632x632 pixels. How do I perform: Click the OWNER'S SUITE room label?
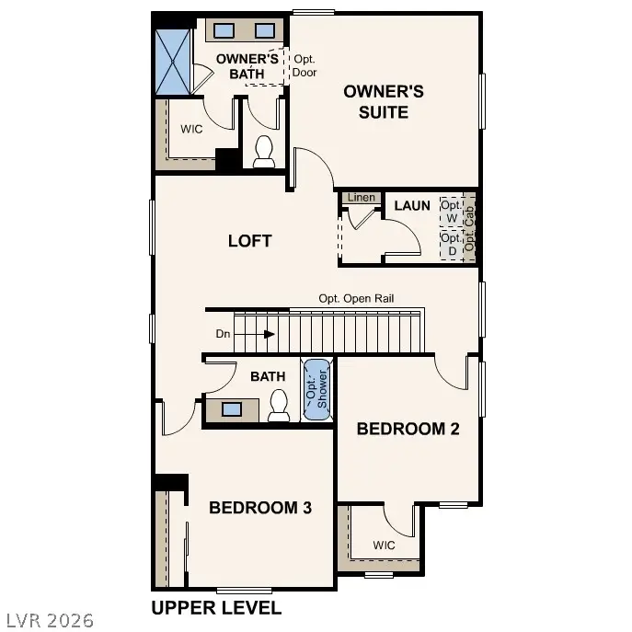(384, 101)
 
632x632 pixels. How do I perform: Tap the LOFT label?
(250, 241)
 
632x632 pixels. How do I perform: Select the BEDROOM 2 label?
(408, 428)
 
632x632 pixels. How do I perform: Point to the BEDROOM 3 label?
(260, 507)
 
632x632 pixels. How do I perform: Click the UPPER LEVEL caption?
(216, 608)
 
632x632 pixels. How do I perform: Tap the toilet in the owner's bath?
(264, 152)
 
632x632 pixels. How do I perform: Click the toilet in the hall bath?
(279, 405)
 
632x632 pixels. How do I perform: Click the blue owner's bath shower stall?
(174, 61)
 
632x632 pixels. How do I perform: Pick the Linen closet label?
(359, 198)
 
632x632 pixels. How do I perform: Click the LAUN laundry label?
(412, 205)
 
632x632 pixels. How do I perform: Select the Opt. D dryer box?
(451, 244)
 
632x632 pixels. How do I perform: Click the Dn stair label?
(224, 334)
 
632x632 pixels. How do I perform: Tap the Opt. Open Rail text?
(357, 298)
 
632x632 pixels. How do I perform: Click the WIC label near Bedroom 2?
(385, 546)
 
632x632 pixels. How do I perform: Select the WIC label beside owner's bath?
(191, 129)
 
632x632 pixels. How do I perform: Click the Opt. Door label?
(305, 64)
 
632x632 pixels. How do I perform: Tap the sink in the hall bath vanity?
(232, 408)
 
